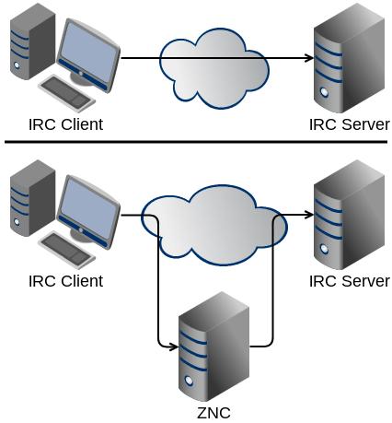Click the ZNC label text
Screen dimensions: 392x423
click(x=213, y=413)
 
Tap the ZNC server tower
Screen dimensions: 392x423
click(x=214, y=347)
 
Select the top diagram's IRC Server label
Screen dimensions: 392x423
click(x=350, y=124)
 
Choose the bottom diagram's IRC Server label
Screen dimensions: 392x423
click(x=350, y=281)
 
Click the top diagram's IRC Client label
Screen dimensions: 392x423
click(x=66, y=124)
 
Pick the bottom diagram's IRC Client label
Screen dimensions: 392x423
click(x=66, y=281)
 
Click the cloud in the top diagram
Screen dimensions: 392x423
click(x=214, y=68)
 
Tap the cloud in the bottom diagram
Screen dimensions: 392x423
click(x=214, y=225)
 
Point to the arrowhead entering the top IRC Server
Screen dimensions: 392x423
click(x=309, y=57)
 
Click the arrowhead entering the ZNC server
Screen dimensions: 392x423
click(x=174, y=347)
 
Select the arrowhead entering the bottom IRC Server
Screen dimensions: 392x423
click(x=309, y=215)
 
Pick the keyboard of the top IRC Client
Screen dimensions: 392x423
click(x=67, y=93)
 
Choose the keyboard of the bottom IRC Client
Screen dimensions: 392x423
click(x=67, y=250)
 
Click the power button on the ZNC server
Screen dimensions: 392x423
click(x=190, y=381)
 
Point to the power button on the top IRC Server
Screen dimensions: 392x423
click(x=324, y=92)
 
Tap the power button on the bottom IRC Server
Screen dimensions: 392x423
click(x=324, y=249)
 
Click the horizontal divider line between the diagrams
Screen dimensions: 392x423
click(x=196, y=142)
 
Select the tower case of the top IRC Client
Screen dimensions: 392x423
click(x=33, y=41)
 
